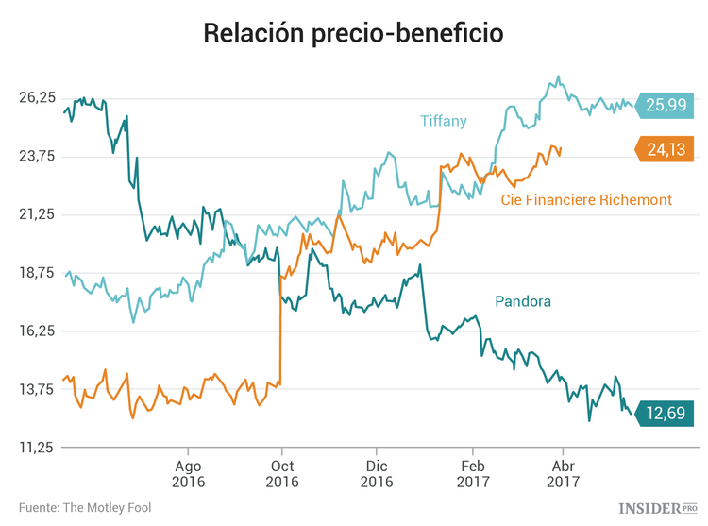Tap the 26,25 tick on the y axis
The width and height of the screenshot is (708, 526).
[37, 98]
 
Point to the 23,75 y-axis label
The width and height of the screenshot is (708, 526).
[37, 157]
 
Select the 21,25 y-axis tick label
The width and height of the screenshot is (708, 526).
[37, 215]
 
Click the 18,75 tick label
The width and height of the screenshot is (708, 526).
[37, 274]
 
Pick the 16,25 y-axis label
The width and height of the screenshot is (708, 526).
[37, 331]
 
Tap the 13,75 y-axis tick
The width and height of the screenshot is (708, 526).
[37, 390]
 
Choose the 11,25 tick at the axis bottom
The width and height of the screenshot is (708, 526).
[37, 449]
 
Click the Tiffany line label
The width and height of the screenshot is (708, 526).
[443, 120]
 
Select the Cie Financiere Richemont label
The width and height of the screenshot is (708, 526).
[586, 200]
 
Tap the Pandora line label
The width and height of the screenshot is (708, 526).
[522, 301]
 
